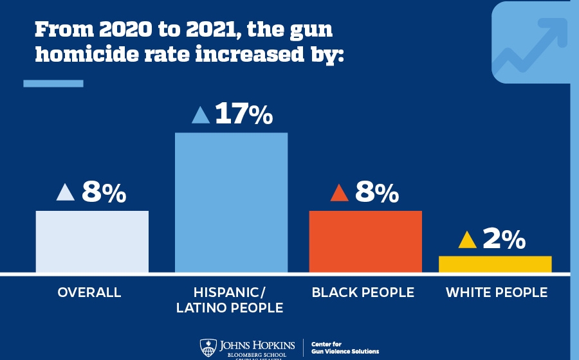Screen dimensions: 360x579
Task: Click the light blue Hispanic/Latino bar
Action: [x=231, y=202]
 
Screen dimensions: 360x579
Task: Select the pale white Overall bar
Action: [x=92, y=241]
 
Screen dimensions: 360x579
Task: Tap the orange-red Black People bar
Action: [x=365, y=241]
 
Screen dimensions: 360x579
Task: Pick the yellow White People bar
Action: [x=495, y=264]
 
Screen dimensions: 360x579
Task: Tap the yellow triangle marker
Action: [x=467, y=240]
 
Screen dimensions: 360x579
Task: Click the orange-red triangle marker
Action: [x=339, y=192]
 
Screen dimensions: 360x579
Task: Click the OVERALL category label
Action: [x=89, y=292]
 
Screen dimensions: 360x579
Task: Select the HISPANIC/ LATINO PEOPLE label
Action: [x=230, y=300]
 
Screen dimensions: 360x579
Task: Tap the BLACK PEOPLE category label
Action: [x=363, y=292]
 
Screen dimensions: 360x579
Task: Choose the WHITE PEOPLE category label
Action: [x=497, y=292]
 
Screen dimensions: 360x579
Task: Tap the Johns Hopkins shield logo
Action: [x=207, y=347]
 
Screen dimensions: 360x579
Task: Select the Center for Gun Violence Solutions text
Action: [x=344, y=348]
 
